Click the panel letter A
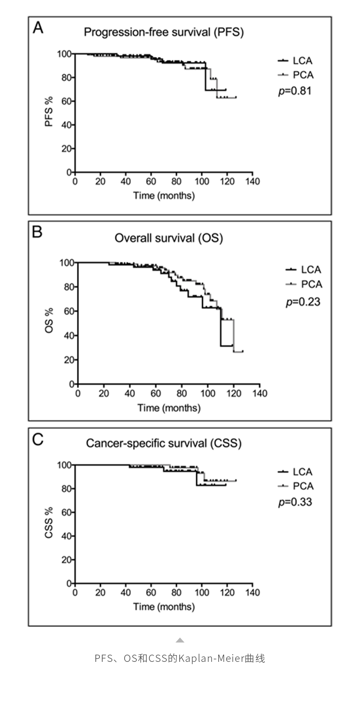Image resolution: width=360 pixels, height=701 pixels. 38,28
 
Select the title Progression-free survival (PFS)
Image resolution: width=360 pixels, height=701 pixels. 164,32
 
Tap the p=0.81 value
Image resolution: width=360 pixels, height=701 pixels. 295,91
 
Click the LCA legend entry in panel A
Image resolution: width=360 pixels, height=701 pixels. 296,61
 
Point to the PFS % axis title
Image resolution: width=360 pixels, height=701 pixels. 49,111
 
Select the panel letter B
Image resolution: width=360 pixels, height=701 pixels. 38,232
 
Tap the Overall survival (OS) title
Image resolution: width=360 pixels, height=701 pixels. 169,238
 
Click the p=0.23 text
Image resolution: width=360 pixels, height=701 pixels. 303,301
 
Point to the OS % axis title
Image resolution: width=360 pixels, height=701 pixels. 49,320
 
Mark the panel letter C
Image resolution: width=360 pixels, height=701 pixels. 38,439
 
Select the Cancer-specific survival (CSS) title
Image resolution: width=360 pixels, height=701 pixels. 164,443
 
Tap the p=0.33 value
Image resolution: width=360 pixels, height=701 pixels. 295,502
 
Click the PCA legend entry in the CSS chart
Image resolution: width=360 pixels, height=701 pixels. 296,486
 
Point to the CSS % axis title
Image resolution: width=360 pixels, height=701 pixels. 49,522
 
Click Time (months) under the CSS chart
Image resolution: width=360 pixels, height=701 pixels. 164,607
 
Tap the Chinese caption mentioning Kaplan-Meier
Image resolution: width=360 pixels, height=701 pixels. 180,658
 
